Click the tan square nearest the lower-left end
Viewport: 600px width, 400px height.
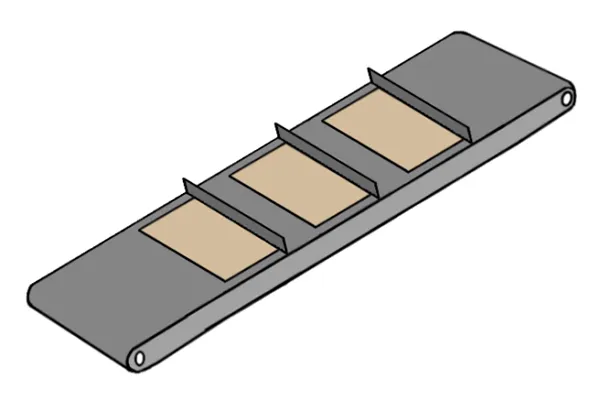(210, 239)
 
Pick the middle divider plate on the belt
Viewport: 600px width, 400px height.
(327, 160)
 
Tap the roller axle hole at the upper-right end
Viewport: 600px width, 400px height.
(567, 99)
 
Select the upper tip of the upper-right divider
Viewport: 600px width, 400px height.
(369, 70)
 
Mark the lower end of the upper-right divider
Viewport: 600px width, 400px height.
(468, 137)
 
